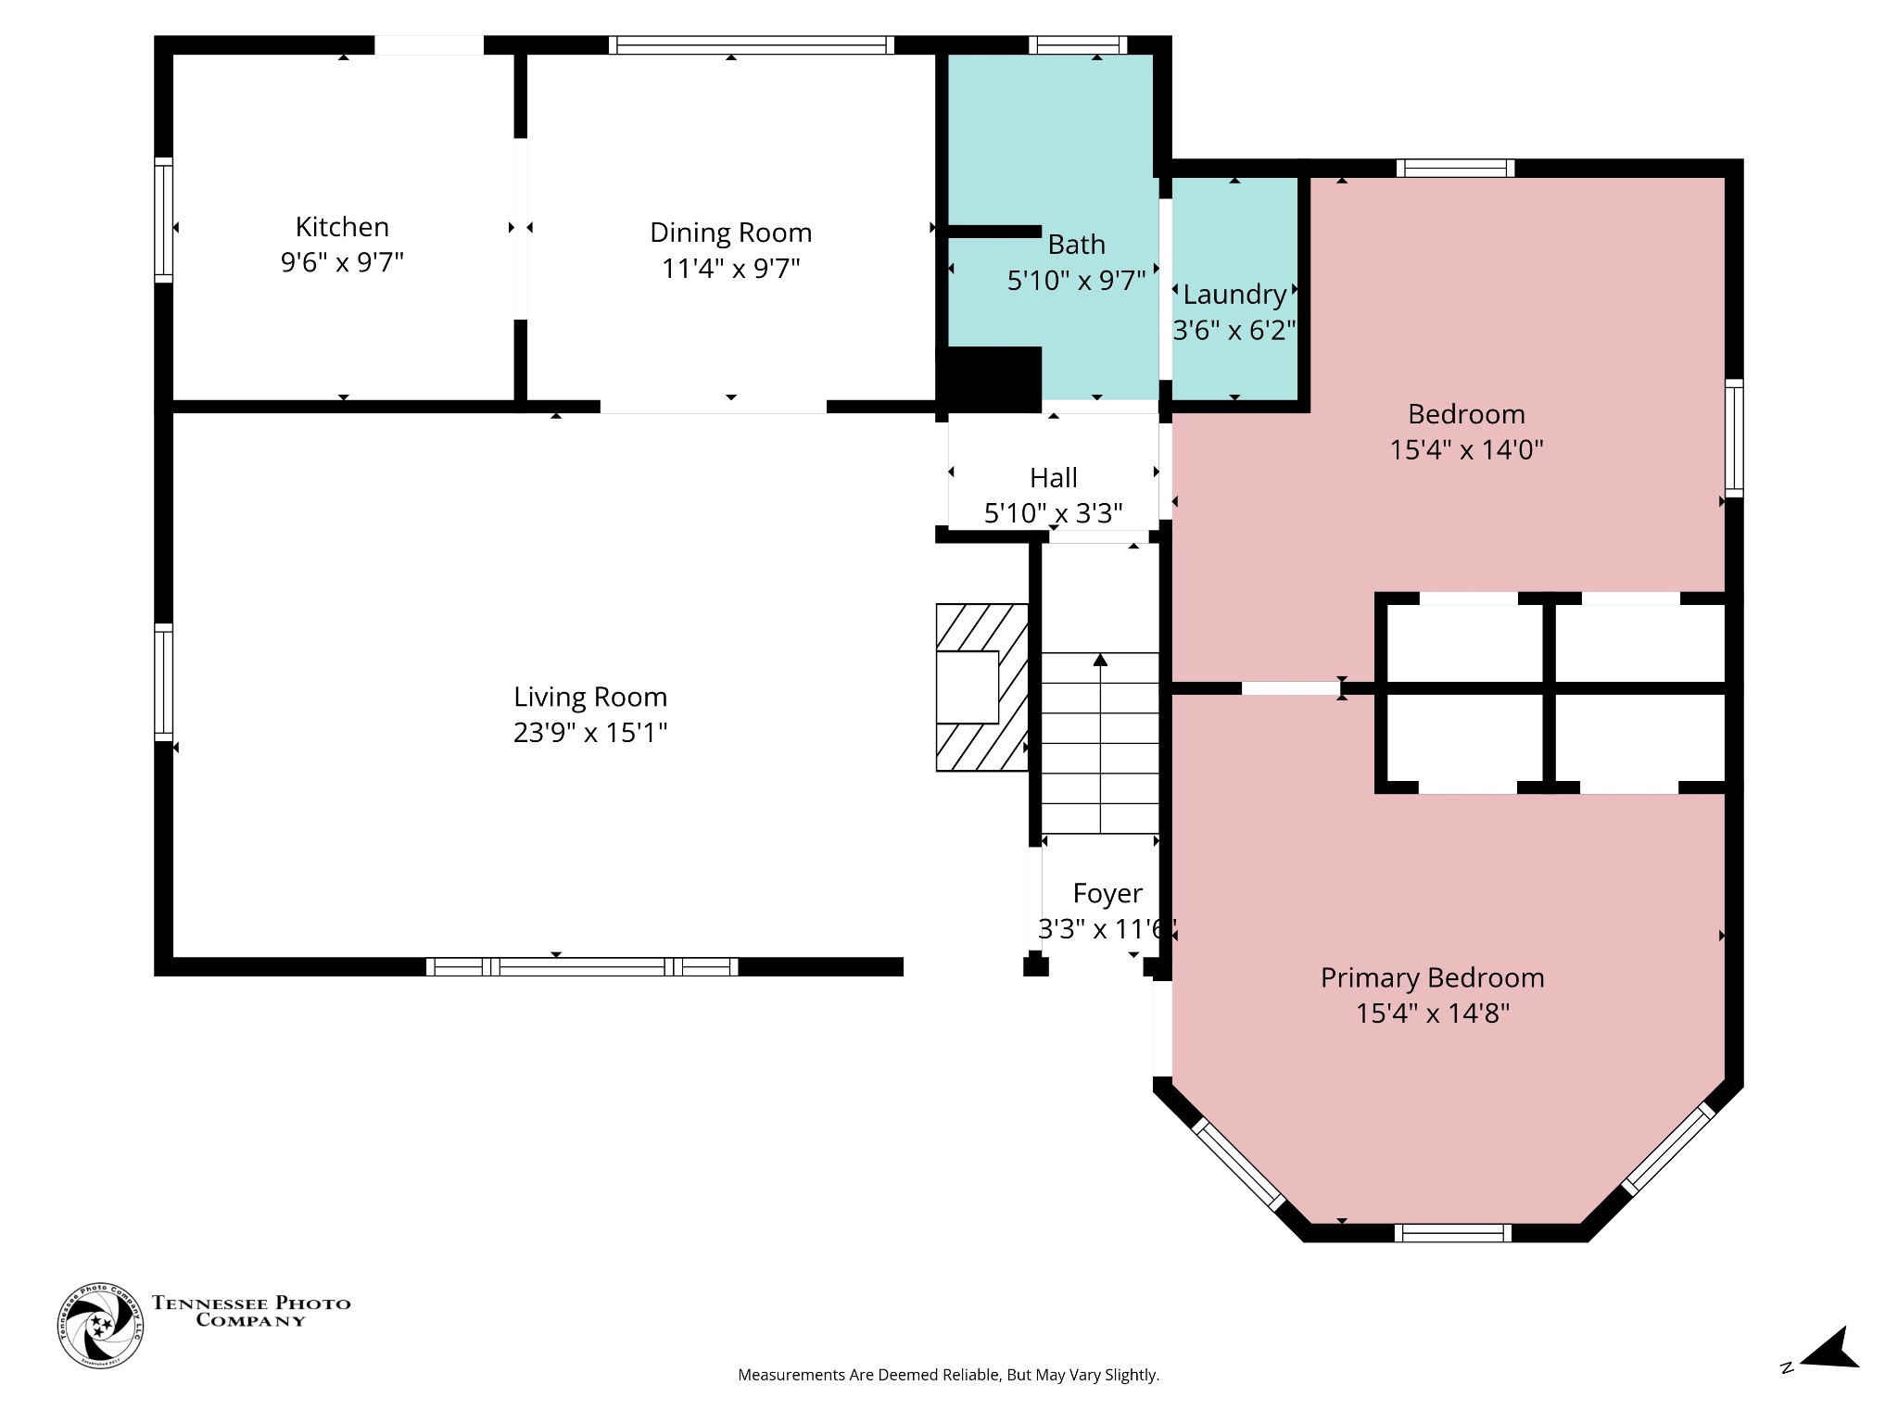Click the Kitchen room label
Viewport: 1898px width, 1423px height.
coord(342,227)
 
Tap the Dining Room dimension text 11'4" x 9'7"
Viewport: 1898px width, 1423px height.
coord(731,269)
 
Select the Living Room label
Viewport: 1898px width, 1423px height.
coord(590,697)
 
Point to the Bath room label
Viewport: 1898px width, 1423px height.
coord(1076,245)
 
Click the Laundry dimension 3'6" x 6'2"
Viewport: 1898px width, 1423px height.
coord(1234,330)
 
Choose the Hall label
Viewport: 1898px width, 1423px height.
coord(1054,478)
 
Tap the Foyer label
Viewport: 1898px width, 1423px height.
coord(1107,893)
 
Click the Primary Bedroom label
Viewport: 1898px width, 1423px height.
coord(1433,977)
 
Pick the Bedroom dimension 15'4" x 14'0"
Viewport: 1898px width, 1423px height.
coord(1467,450)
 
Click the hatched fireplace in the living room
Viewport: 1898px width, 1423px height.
coord(981,687)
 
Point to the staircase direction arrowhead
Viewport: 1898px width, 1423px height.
coord(1100,660)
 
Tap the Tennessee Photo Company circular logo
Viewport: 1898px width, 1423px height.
coord(100,1326)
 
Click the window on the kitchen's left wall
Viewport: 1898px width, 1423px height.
coord(163,220)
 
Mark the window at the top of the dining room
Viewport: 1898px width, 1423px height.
coord(752,45)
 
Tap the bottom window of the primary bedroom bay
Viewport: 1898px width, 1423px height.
coord(1452,1232)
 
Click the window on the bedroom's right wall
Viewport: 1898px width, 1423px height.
coord(1734,438)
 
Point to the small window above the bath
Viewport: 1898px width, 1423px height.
coord(1078,45)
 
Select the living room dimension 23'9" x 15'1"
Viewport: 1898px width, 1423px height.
coord(590,734)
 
